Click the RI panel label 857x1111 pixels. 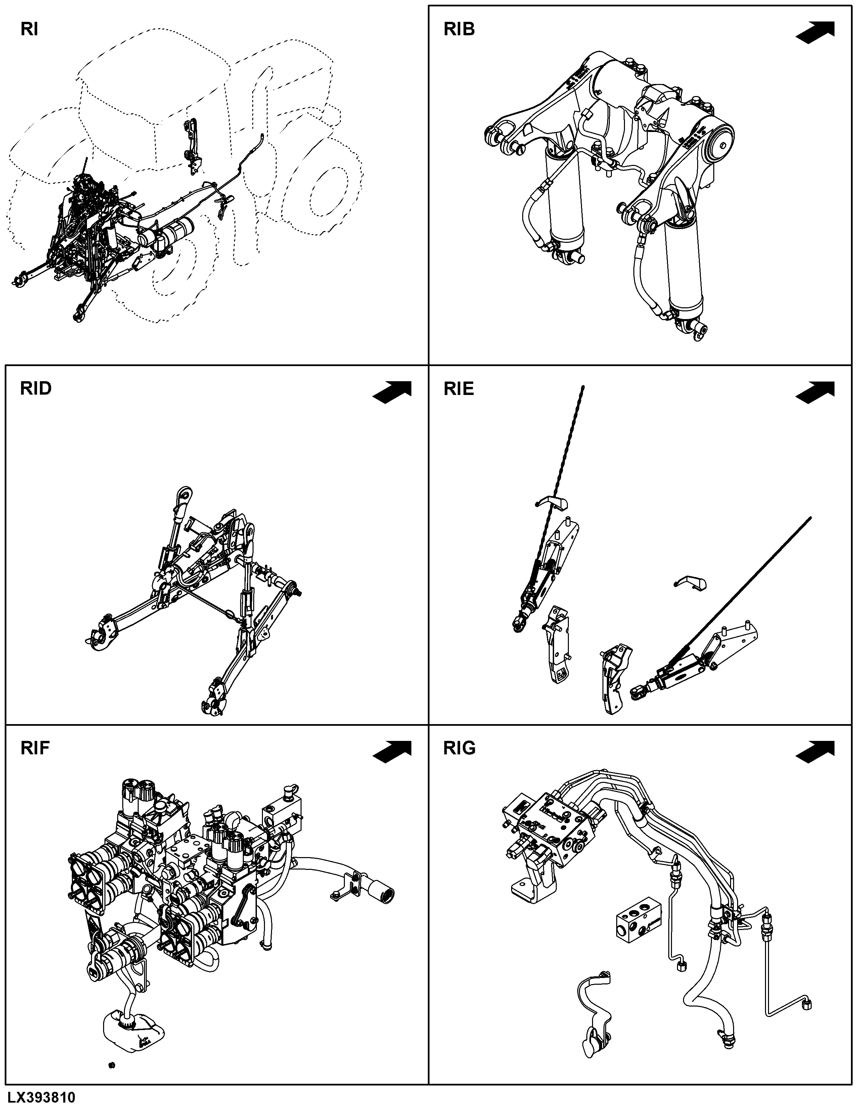click(x=29, y=30)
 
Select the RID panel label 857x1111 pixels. click(x=36, y=389)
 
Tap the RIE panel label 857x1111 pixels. click(x=459, y=389)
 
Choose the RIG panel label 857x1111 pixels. click(x=460, y=748)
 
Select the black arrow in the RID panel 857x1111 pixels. click(x=392, y=392)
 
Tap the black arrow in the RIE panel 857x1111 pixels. click(x=815, y=392)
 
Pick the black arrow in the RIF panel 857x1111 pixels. click(x=392, y=752)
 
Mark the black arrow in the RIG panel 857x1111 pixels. click(x=815, y=752)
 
